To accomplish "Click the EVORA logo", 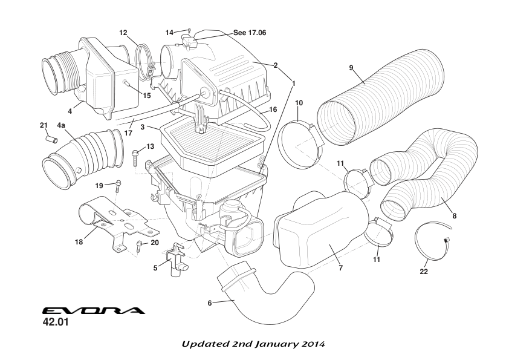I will click(94, 311).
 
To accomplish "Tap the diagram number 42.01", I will click(56, 322).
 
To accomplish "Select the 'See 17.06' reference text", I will click(250, 33).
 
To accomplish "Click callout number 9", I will click(351, 68).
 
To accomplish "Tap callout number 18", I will click(79, 243).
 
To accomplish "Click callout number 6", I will click(210, 303).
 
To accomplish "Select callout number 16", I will click(273, 110).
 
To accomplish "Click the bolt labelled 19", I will click(118, 185).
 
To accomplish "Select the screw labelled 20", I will click(140, 245).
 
